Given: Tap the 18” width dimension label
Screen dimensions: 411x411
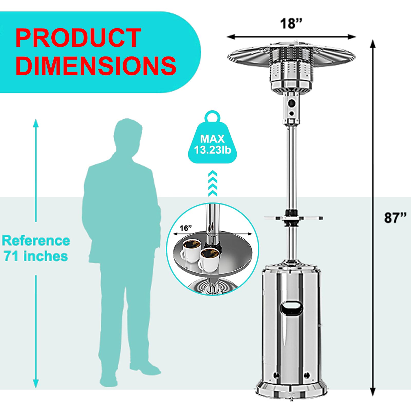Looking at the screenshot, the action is click(291, 24).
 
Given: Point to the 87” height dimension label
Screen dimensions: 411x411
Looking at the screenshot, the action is click(395, 218).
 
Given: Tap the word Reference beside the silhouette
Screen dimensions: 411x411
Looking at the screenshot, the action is click(36, 241).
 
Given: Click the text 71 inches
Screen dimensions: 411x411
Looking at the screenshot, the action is click(36, 256).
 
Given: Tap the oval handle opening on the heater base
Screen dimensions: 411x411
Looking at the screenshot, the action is click(292, 308).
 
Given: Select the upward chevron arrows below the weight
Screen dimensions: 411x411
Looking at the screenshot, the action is click(213, 183).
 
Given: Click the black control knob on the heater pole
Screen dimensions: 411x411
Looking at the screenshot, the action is click(291, 104).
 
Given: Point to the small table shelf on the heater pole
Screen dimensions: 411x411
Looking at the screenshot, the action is click(293, 218).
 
